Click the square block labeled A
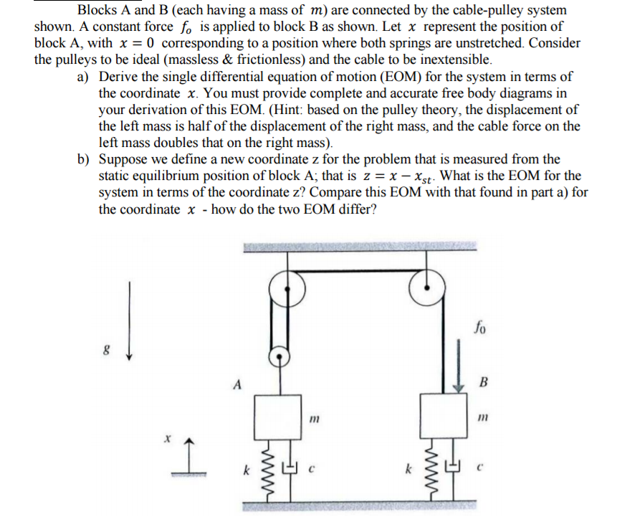coord(278,417)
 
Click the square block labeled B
coord(444,415)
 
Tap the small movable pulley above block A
coord(279,357)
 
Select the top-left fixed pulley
coord(287,289)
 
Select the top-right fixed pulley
coord(427,288)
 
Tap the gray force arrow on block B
coord(458,365)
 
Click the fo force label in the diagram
coord(480,327)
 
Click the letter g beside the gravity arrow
coord(106,349)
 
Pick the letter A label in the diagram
coord(237,384)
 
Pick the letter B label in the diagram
coord(484,381)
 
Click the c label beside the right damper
coord(479,468)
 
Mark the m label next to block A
coord(314,419)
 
